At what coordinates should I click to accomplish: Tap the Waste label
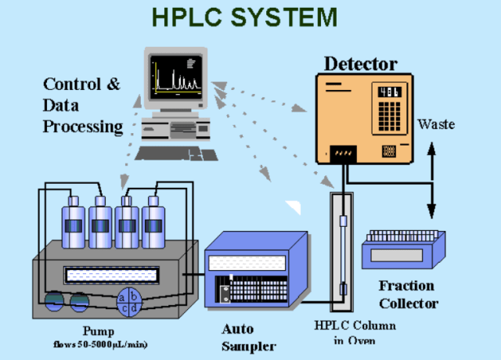pyautogui.click(x=436, y=124)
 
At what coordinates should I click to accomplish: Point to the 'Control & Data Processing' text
pyautogui.click(x=82, y=105)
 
